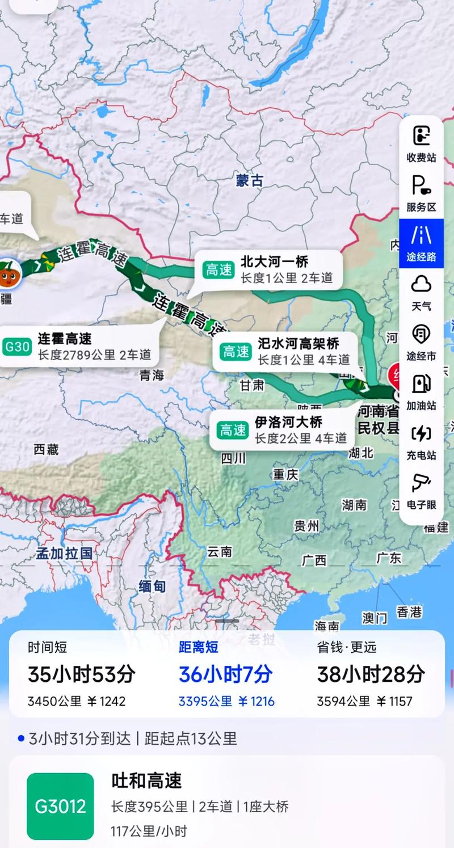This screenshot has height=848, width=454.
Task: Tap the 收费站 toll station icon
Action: click(x=421, y=136)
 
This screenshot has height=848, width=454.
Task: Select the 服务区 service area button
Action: click(x=421, y=185)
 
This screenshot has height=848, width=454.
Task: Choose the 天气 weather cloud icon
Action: click(x=421, y=284)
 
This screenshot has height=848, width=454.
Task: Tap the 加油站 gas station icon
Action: click(x=421, y=384)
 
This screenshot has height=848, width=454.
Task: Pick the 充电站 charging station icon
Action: click(x=421, y=434)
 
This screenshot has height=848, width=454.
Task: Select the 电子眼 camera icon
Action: click(x=421, y=483)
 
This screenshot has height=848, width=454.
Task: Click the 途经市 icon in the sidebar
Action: click(x=421, y=334)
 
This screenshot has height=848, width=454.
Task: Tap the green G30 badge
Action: click(x=17, y=347)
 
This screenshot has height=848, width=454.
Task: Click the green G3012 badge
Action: click(x=60, y=806)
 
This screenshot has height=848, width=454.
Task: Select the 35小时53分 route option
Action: click(x=82, y=674)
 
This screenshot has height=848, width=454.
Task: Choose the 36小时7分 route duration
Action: click(x=226, y=674)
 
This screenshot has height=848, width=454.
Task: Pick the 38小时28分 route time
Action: click(x=371, y=674)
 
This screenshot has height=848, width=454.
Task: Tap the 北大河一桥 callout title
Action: click(x=274, y=262)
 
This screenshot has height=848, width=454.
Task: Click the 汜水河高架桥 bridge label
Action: click(x=299, y=343)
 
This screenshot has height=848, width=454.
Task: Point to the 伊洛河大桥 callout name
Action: click(x=288, y=422)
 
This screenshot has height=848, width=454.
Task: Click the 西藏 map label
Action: click(x=46, y=450)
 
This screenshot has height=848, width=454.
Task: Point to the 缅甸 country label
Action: click(x=152, y=587)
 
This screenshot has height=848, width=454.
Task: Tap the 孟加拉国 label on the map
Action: click(x=64, y=553)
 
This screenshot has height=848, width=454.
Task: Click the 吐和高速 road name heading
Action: click(x=146, y=781)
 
